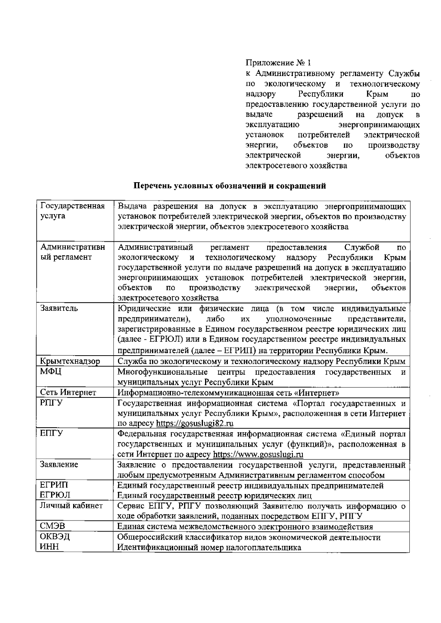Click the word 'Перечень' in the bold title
pos(149,186)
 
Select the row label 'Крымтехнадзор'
pos(69,361)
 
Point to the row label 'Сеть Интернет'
pos(68,393)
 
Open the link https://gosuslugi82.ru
pos(195,423)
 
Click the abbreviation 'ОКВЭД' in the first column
pos(55,537)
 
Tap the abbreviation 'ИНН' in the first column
pos(50,547)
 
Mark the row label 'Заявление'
pos(59,465)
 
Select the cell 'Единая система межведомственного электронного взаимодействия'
pos(245,527)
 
